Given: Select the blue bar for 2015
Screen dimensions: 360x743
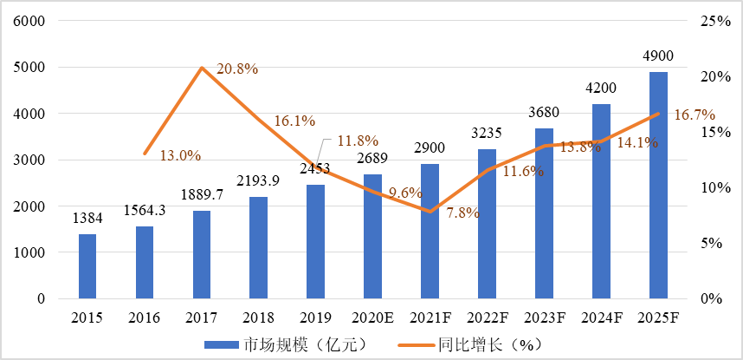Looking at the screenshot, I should coord(87,266).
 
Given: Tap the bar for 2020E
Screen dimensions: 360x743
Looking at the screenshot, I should coord(372,236).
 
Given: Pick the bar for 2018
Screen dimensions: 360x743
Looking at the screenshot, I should coord(258,247).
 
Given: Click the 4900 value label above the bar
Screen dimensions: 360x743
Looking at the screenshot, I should coord(658,56).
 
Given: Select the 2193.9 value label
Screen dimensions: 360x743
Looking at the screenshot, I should coord(258,181).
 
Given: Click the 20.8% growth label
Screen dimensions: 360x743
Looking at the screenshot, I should coord(236,69).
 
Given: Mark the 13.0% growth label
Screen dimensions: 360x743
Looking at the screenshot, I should coord(180,156).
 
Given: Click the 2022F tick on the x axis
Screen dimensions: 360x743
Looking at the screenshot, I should coord(487,318).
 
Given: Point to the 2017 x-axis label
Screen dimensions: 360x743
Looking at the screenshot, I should coord(202,318).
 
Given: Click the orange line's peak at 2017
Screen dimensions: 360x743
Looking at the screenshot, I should coord(202,68).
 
